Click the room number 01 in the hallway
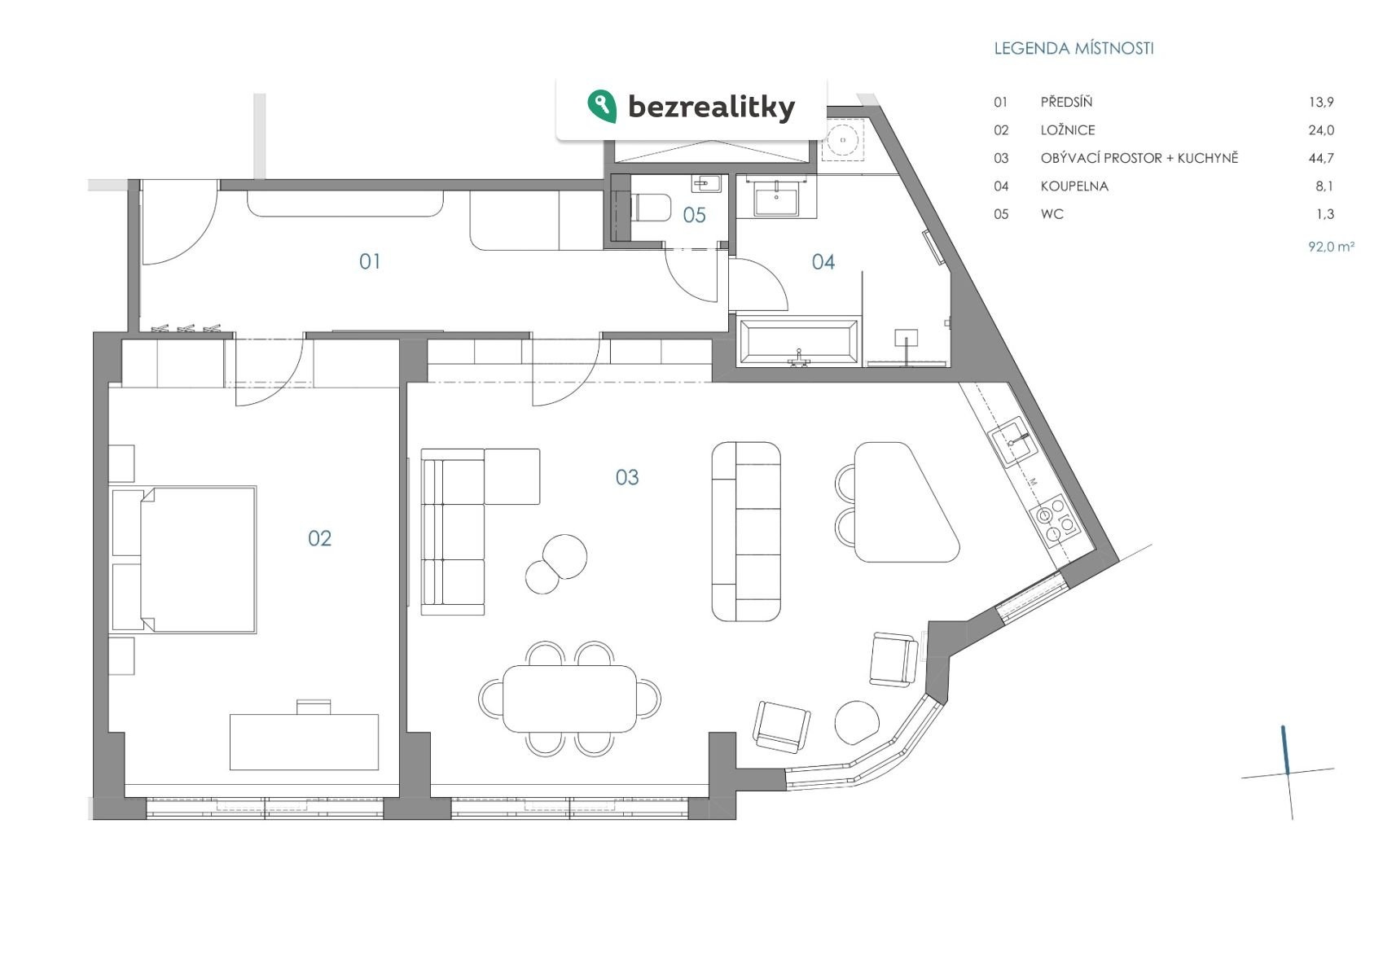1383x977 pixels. tap(370, 261)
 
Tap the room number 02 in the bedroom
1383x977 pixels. tap(320, 538)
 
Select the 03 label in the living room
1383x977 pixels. tap(627, 477)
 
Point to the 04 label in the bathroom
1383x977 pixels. tap(823, 261)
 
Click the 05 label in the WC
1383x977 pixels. tap(694, 215)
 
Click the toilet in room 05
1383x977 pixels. tap(649, 208)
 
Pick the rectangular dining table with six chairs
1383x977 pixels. tap(569, 699)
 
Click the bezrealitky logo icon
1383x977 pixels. tap(602, 106)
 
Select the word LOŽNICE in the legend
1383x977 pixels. tap(1068, 130)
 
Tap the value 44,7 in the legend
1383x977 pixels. tap(1320, 159)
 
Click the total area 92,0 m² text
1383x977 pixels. tap(1331, 247)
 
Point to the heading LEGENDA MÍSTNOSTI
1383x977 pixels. tap(1073, 49)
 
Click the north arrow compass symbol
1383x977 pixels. tap(1287, 772)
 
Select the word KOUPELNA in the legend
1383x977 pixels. tap(1074, 186)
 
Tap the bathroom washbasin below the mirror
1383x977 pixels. tap(776, 199)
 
